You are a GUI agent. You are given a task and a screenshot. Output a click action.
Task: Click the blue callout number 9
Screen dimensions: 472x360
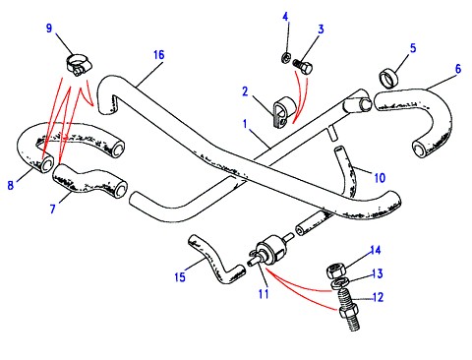pyautogui.click(x=49, y=28)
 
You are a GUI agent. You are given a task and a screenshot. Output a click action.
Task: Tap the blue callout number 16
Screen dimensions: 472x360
pyautogui.click(x=159, y=55)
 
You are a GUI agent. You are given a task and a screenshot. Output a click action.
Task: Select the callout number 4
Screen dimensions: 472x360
pyautogui.click(x=286, y=17)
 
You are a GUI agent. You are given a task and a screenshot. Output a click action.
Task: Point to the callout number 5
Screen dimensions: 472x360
pyautogui.click(x=413, y=48)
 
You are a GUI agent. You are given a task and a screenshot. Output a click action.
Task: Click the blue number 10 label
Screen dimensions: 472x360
pyautogui.click(x=380, y=178)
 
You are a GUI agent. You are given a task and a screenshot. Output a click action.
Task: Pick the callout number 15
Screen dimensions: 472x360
pyautogui.click(x=180, y=277)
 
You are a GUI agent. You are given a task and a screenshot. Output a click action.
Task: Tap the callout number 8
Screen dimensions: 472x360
pyautogui.click(x=11, y=185)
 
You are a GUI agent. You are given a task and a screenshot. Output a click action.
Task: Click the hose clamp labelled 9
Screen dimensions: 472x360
pyautogui.click(x=79, y=65)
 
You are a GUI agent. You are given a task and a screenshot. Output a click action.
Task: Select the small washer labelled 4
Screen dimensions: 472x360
pyautogui.click(x=285, y=58)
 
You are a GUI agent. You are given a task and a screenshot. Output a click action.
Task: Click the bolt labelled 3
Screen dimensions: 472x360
pyautogui.click(x=304, y=66)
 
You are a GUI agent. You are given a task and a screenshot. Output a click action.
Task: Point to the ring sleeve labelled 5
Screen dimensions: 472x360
pyautogui.click(x=388, y=79)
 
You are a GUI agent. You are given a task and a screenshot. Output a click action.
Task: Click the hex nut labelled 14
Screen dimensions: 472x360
pyautogui.click(x=335, y=271)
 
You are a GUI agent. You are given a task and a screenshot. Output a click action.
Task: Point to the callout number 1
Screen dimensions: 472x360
pyautogui.click(x=245, y=124)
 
